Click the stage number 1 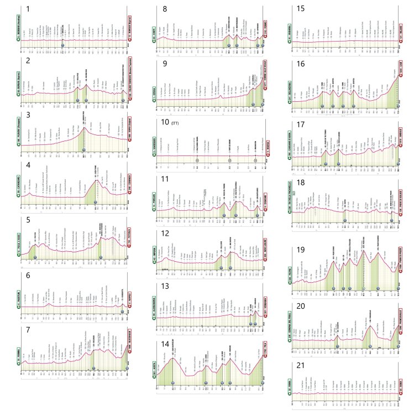tap(29, 9)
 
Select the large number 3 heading tap(29, 115)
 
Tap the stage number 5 tap(29, 220)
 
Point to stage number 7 tap(29, 326)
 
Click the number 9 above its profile tap(165, 64)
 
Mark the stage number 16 tap(301, 64)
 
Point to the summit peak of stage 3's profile tap(84, 128)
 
